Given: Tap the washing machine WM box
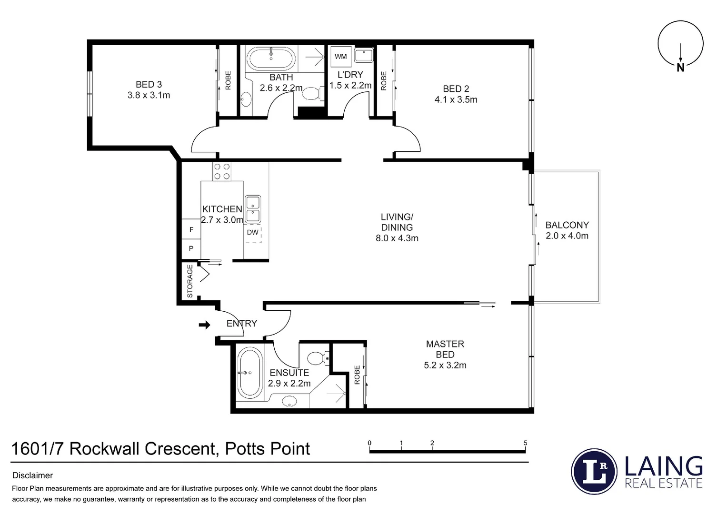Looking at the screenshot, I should (340, 57).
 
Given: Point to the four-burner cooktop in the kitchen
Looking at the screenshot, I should (221, 171).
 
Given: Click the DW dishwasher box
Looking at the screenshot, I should (253, 233).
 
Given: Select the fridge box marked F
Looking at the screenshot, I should (191, 229).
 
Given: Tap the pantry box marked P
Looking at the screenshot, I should (191, 248).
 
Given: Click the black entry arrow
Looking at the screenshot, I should (204, 325).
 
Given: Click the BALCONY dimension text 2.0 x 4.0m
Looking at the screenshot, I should (567, 236).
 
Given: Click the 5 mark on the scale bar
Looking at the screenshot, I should (526, 443).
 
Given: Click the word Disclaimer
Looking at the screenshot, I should (32, 475).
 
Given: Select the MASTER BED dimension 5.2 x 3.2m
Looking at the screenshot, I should (445, 366).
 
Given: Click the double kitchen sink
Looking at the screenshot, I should (252, 209).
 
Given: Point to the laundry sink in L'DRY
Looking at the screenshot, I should (363, 56).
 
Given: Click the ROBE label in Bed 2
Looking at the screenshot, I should (384, 80).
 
